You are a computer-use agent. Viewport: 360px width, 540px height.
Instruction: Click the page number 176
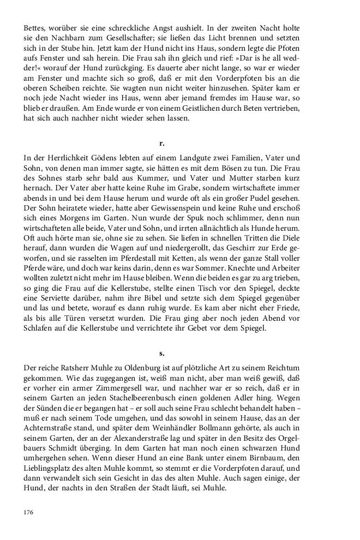[x=29, y=512]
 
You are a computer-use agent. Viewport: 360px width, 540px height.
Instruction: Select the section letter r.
[x=161, y=143]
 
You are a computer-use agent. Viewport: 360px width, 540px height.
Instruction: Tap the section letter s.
[x=161, y=353]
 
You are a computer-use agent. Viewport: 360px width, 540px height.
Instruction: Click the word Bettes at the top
[x=35, y=28]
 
